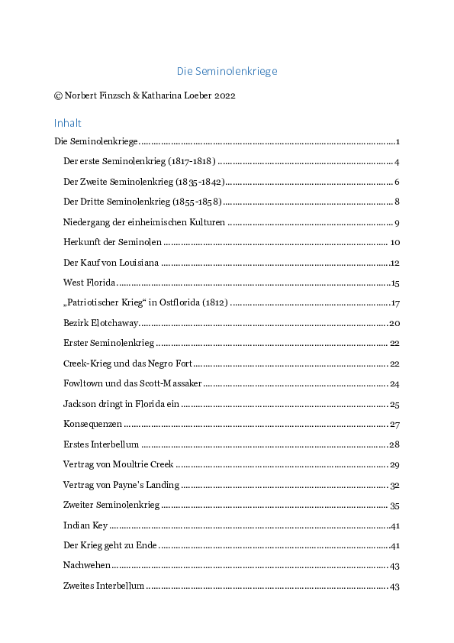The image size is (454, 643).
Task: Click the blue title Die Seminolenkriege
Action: click(227, 71)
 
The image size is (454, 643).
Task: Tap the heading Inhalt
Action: click(67, 123)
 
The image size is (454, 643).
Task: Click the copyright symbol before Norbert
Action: click(58, 96)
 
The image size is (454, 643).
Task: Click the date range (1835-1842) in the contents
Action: click(200, 182)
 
